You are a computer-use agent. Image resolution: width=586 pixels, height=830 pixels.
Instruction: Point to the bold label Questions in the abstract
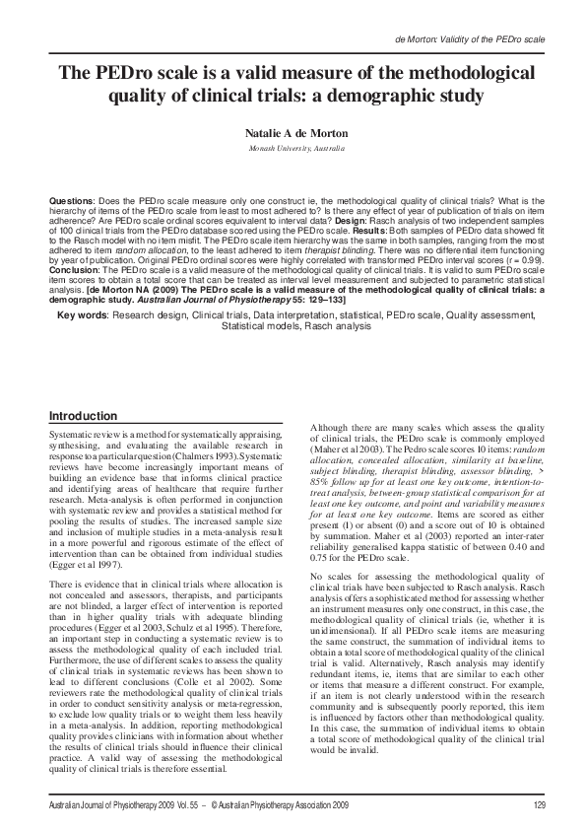pos(72,200)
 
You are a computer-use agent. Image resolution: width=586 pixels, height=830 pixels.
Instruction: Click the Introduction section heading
pos(84,416)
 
